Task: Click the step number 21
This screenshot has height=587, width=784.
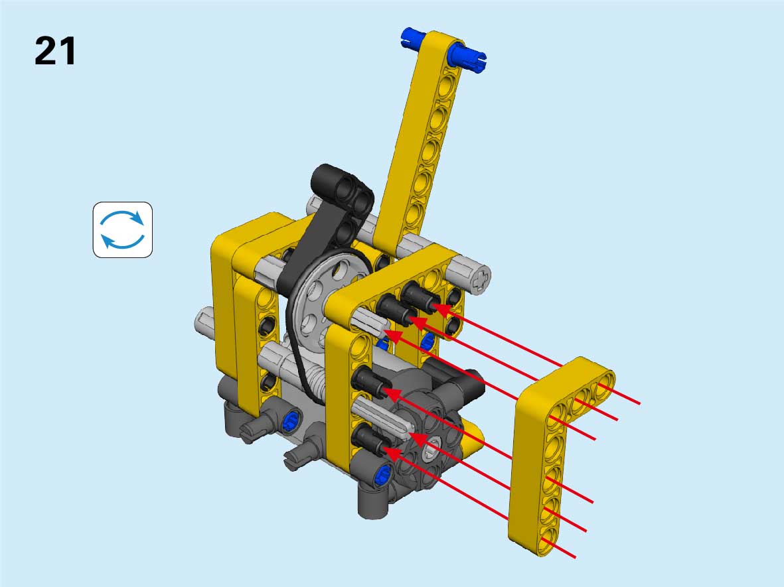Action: coord(55,51)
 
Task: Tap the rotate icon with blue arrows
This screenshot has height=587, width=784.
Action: coord(123,229)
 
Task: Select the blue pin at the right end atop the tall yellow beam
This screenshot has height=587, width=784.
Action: coord(467,57)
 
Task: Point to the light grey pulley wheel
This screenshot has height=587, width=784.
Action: coord(327,300)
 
